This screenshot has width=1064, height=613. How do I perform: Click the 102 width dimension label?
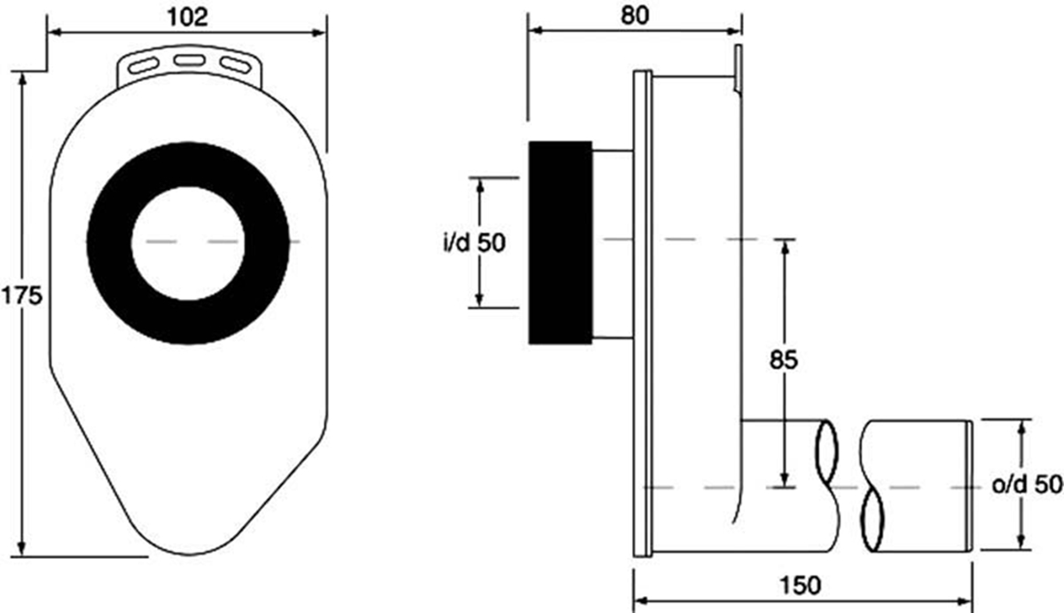(x=188, y=17)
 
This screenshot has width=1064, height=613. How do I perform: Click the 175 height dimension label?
(x=22, y=295)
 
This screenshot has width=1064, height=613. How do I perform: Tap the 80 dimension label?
(x=635, y=15)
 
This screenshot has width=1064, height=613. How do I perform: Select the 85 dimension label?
(x=784, y=359)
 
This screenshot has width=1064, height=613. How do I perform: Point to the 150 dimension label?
(x=801, y=585)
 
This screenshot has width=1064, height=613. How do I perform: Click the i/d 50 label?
(x=474, y=243)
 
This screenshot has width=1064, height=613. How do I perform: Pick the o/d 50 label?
(x=1027, y=484)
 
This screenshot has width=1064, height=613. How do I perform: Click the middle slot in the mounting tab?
(x=189, y=60)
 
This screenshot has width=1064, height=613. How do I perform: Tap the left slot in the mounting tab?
(x=144, y=65)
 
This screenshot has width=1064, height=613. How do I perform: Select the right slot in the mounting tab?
(x=235, y=65)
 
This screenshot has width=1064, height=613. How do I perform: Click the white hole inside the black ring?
(x=188, y=243)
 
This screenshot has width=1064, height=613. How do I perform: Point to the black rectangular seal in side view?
(x=560, y=242)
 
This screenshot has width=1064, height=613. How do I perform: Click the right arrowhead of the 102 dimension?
(x=318, y=32)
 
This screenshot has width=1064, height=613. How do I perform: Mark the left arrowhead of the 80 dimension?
(x=536, y=31)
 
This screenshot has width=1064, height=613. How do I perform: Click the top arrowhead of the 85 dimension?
(x=785, y=248)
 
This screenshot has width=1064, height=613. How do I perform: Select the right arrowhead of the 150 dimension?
(x=965, y=601)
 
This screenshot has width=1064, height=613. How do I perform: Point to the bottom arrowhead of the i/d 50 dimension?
(x=480, y=299)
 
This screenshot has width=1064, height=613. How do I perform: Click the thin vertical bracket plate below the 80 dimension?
(x=738, y=69)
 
